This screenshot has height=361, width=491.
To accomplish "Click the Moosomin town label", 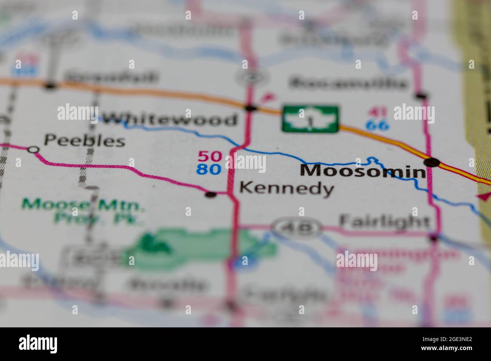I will click(363, 171).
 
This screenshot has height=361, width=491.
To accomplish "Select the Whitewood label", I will click(170, 120).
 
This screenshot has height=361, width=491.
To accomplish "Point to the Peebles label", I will click(84, 141).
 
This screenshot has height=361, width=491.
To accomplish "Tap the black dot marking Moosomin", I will click(432, 162).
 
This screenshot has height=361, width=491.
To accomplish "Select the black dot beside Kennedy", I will click(211, 194).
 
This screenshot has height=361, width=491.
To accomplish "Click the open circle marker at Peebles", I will click(34, 150).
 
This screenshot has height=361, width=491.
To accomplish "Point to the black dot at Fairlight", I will click(434, 238).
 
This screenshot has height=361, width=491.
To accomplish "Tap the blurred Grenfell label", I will click(112, 77).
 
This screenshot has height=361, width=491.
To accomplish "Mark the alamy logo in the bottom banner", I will click(38, 344).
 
